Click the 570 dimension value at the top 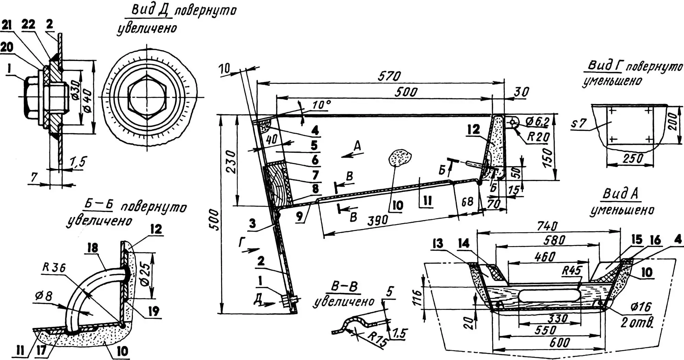(x=389, y=76)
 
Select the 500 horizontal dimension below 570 (x=406, y=92)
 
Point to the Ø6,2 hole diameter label (x=537, y=121)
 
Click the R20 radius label (x=538, y=137)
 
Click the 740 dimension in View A (x=547, y=226)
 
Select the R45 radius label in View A (x=571, y=271)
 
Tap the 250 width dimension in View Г (x=633, y=158)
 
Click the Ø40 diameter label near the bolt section (x=88, y=100)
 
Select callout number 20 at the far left (x=7, y=47)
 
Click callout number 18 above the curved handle (x=92, y=248)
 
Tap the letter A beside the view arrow (x=357, y=147)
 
